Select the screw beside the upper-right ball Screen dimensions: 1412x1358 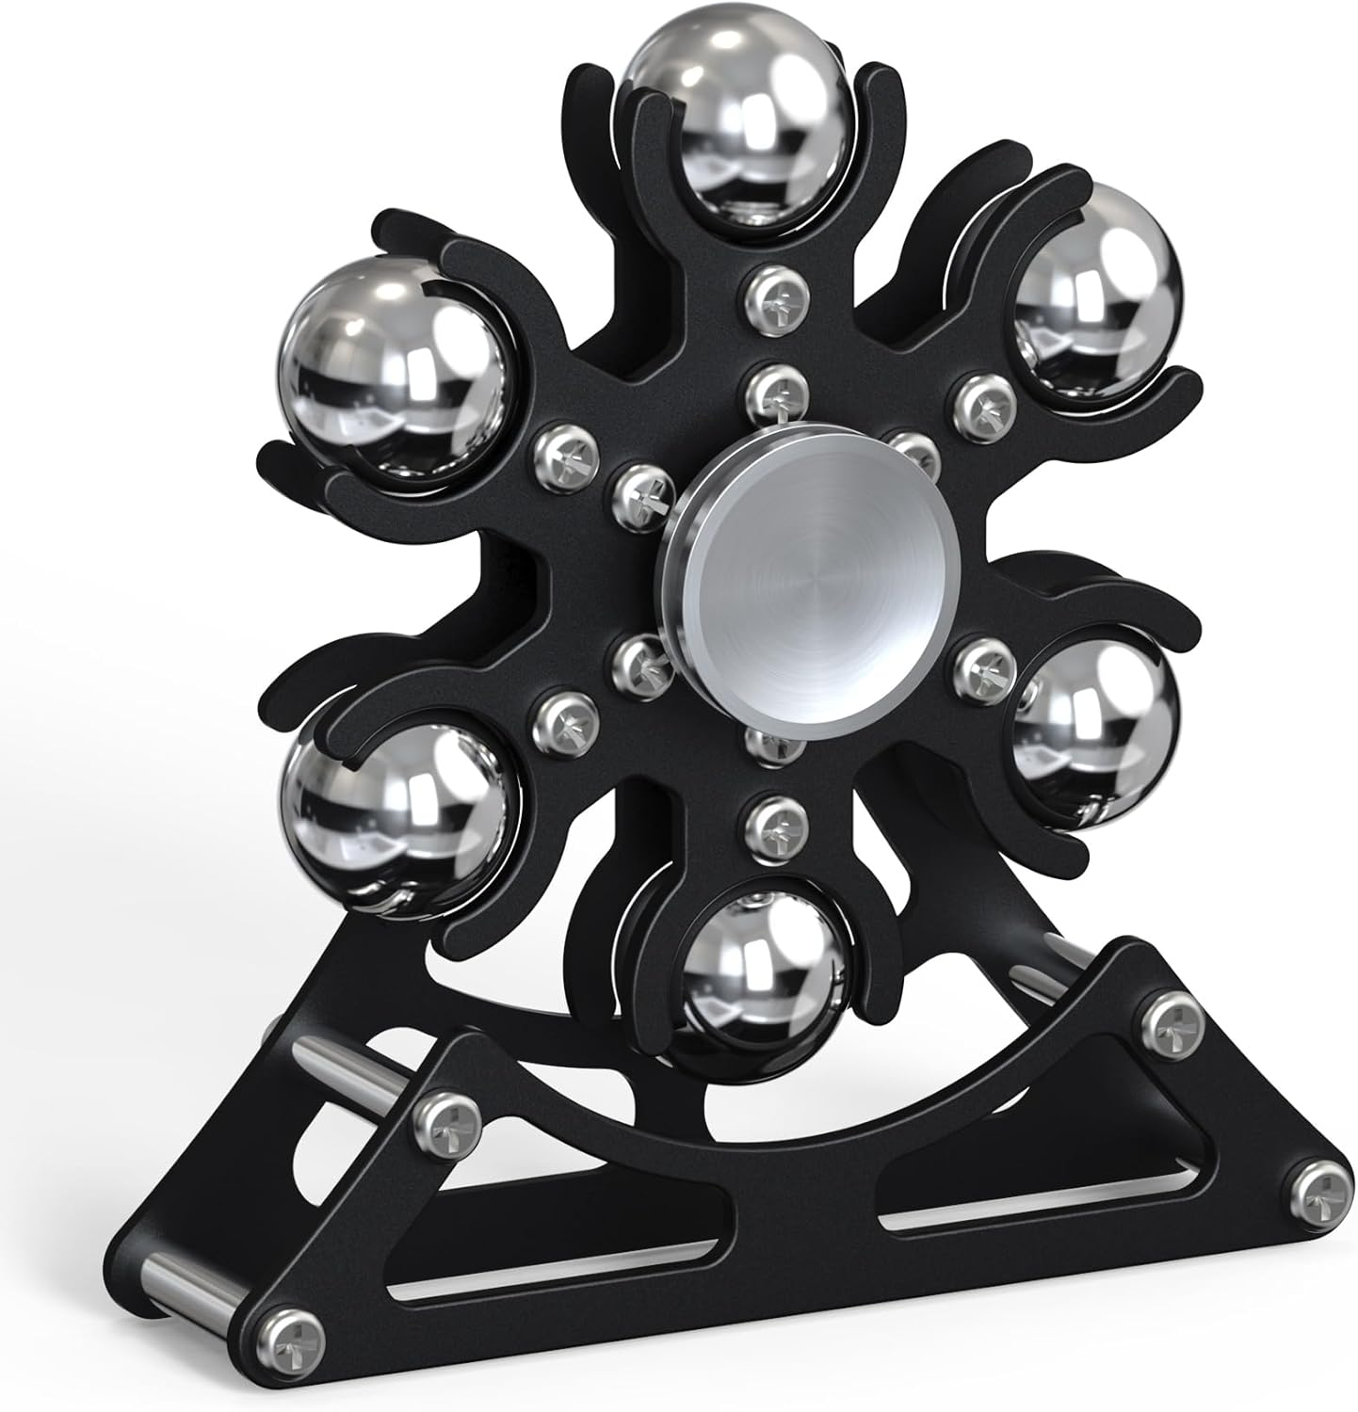(980, 398)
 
